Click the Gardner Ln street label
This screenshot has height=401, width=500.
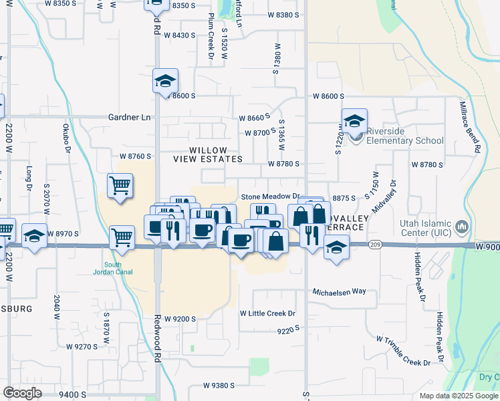click(x=130, y=117)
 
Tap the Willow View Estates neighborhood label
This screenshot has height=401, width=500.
click(x=207, y=155)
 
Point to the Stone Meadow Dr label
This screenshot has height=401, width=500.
click(x=268, y=197)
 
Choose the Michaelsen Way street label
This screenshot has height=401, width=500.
click(x=340, y=291)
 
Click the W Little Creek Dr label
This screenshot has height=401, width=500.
click(x=267, y=313)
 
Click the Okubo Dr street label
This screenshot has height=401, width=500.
click(x=67, y=137)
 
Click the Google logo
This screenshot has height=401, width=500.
click(x=22, y=393)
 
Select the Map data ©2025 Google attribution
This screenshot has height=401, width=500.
click(x=459, y=396)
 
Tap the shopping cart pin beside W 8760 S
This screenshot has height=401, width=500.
click(x=120, y=186)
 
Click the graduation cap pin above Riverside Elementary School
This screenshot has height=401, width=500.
click(x=354, y=121)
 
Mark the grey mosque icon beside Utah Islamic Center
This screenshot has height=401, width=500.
click(x=461, y=228)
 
